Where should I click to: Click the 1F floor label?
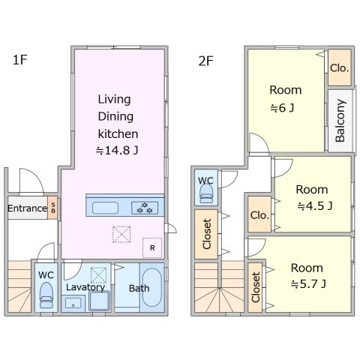pyautogui.click(x=19, y=60)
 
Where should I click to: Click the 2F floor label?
pyautogui.click(x=205, y=61)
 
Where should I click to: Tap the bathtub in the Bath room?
pyautogui.click(x=151, y=287)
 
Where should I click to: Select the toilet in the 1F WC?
pyautogui.click(x=46, y=295)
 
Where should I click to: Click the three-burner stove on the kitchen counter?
pyautogui.click(x=145, y=208)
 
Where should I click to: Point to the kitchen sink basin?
pyautogui.click(x=105, y=208)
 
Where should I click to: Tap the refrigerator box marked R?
pyautogui.click(x=152, y=247)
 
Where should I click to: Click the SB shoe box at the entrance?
pyautogui.click(x=52, y=208)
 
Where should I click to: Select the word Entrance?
pyautogui.click(x=27, y=208)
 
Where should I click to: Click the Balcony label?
pyautogui.click(x=340, y=121)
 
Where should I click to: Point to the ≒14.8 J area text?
pyautogui.click(x=117, y=151)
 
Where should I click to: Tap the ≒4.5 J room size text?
pyautogui.click(x=315, y=206)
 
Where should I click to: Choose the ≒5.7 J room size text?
pyautogui.click(x=308, y=284)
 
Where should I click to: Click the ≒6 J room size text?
pyautogui.click(x=282, y=108)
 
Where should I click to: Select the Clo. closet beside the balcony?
pyautogui.click(x=340, y=67)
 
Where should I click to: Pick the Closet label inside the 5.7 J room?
pyautogui.click(x=256, y=287)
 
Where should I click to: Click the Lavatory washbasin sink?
pyautogui.click(x=73, y=303)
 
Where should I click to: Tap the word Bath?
pyautogui.click(x=139, y=288)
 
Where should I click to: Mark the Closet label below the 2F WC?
pyautogui.click(x=207, y=234)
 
